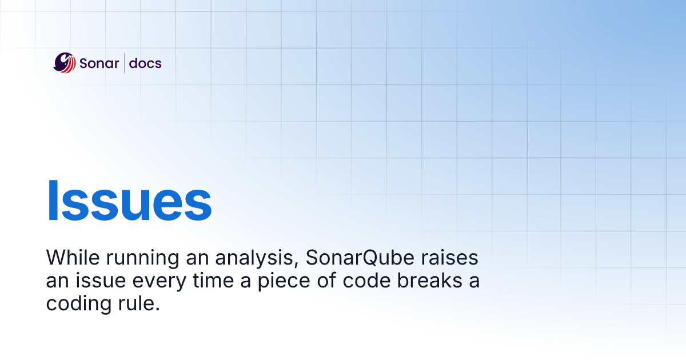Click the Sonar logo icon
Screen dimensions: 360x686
[64, 63]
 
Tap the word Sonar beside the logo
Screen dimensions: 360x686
[99, 63]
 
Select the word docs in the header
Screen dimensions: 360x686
[145, 63]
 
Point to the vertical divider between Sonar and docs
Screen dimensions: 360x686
[125, 63]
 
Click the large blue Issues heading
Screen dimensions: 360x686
[129, 202]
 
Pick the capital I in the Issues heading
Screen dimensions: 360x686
[53, 202]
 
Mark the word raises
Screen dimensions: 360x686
[447, 258]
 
